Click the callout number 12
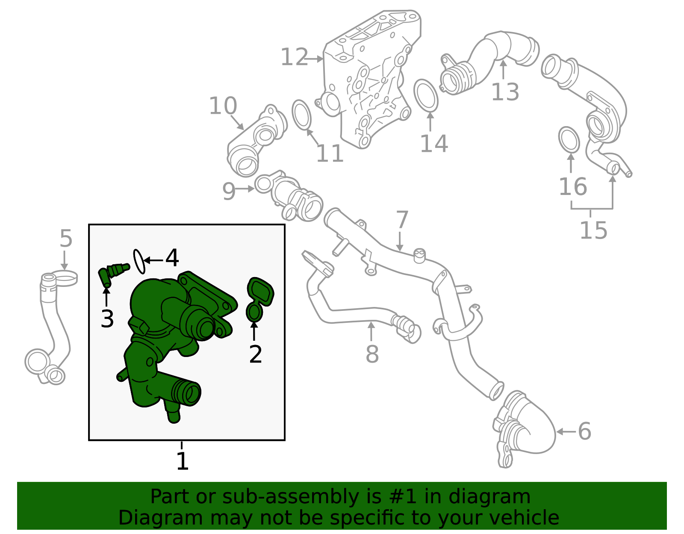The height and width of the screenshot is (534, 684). (294, 57)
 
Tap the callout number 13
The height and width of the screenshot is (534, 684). (505, 92)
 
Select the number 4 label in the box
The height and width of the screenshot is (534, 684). (172, 258)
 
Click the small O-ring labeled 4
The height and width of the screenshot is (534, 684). (139, 261)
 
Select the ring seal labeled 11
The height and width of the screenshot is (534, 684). (301, 114)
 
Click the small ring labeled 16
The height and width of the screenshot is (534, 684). (569, 139)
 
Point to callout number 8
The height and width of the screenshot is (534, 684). (372, 354)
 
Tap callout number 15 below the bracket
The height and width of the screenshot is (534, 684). (593, 230)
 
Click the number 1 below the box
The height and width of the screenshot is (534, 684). (183, 461)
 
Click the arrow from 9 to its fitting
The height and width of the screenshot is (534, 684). (246, 189)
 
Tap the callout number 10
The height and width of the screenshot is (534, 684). (223, 106)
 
